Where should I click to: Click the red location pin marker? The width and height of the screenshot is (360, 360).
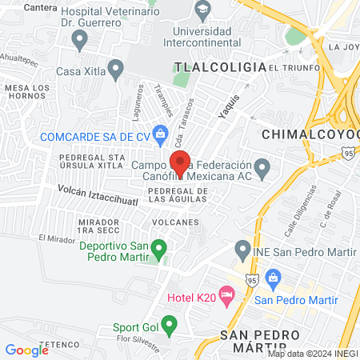[180, 162]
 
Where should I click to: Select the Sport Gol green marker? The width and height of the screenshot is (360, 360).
[169, 325]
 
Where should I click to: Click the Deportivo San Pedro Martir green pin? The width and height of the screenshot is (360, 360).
[159, 250]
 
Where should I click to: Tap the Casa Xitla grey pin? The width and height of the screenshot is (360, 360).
[116, 70]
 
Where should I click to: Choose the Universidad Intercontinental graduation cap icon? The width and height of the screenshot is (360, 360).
[202, 10]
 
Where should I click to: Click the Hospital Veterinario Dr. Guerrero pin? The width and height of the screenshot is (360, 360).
[78, 39]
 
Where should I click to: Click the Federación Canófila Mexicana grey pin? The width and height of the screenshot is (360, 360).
[267, 165]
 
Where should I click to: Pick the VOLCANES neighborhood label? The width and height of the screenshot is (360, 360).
[173, 222]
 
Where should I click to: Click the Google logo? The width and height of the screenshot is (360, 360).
[27, 350]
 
